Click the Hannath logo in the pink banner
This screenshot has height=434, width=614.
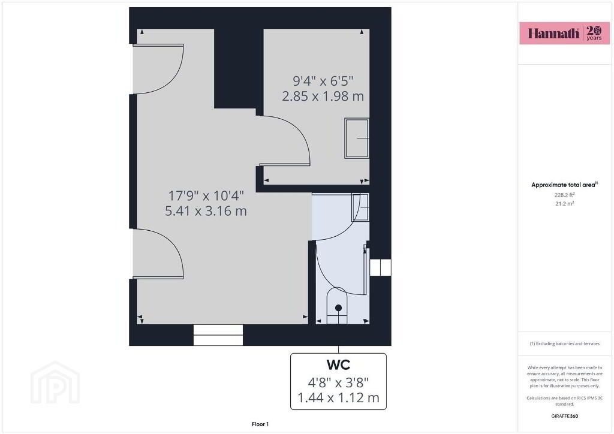point(553,33)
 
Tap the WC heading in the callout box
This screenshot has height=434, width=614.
point(338,364)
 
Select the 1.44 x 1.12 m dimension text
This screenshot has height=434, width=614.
point(338,398)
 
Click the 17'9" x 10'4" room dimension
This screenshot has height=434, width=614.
point(206,195)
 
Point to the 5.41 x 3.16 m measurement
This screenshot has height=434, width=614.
point(206,212)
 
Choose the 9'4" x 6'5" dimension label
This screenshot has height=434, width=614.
point(323,81)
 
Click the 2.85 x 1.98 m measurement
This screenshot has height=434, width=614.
point(323,97)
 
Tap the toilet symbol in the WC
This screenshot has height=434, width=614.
point(337,306)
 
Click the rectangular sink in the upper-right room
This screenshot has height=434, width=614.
point(357,138)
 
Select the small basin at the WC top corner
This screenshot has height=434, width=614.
point(360,207)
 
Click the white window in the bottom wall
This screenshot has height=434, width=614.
point(218,335)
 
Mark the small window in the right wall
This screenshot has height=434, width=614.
point(380,267)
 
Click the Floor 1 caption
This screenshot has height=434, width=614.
point(260,424)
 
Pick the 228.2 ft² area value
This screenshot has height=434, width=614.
point(564,194)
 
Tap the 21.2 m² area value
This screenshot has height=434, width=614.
point(564,203)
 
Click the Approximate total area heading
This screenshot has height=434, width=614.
point(564,185)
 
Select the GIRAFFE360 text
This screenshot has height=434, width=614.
point(564,416)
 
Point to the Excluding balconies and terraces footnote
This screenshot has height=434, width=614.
point(564,343)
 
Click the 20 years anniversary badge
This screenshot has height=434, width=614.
point(594,33)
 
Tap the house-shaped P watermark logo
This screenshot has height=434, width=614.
point(55,382)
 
